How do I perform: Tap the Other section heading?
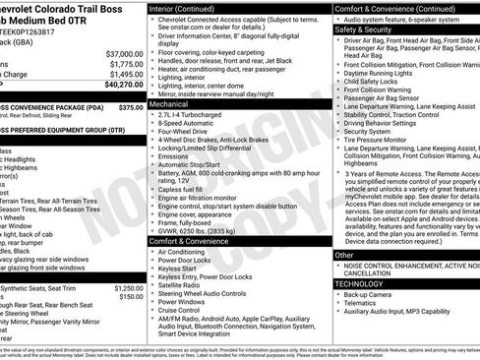click(344, 255)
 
